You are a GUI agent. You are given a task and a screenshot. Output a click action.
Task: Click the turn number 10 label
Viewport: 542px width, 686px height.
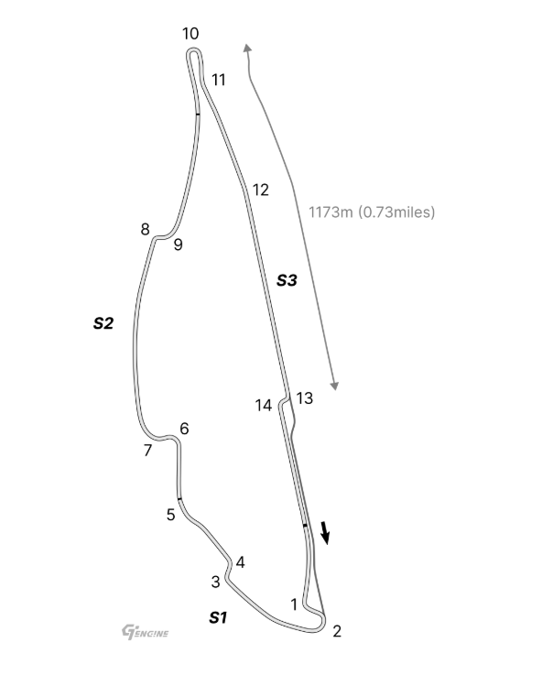tap(190, 34)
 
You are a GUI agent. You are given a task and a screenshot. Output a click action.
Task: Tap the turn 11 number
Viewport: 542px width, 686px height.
tap(218, 80)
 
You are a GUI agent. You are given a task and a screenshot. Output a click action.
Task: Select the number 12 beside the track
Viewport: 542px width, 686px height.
tap(260, 190)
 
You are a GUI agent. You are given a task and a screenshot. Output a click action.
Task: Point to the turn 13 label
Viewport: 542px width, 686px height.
tap(305, 398)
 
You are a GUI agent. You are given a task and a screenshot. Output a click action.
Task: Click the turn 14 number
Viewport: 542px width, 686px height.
tap(264, 406)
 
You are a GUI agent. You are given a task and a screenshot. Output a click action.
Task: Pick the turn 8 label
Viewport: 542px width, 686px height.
tap(146, 229)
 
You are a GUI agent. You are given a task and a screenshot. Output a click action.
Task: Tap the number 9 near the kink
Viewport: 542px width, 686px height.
tap(178, 245)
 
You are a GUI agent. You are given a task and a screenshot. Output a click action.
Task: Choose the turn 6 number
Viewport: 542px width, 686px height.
tap(184, 429)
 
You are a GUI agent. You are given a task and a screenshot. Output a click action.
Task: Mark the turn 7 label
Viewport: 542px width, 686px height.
tap(147, 451)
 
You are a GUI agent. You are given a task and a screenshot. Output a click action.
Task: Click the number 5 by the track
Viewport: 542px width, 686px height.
tap(171, 515)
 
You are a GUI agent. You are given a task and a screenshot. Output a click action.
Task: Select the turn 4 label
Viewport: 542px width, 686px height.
tap(240, 562)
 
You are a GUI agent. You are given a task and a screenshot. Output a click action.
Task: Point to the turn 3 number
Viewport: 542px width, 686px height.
tap(216, 583)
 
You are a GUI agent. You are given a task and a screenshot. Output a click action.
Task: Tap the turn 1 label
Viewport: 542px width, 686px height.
tap(294, 604)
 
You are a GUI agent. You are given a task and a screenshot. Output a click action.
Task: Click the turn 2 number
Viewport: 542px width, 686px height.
tap(337, 631)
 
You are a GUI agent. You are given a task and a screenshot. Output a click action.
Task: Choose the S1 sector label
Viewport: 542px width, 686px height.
tap(218, 617)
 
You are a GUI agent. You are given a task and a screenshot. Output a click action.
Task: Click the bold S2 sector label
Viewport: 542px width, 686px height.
tap(103, 323)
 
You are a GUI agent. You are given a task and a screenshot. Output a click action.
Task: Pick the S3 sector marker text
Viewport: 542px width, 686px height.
tap(287, 280)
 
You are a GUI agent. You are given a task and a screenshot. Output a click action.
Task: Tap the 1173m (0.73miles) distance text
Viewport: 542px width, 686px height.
tap(372, 212)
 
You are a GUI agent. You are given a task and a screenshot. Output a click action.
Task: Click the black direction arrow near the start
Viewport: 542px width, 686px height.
tap(325, 532)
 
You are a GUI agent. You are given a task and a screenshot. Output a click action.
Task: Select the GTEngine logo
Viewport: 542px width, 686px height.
tap(145, 632)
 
